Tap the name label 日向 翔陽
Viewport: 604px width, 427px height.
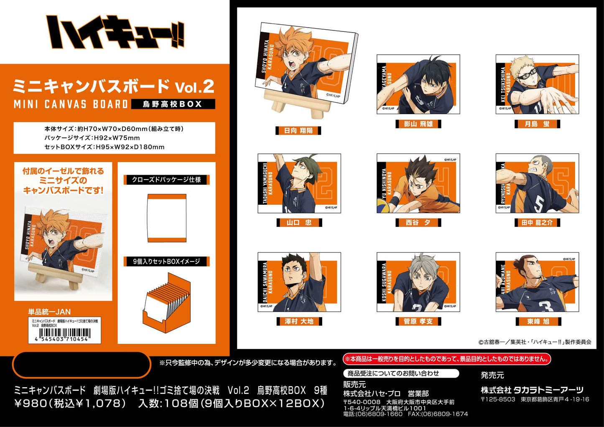[298, 131]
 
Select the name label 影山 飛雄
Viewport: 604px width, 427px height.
[418, 124]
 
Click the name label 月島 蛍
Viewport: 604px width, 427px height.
[537, 124]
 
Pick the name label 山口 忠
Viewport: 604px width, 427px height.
[299, 223]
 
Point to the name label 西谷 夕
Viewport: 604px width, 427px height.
[418, 223]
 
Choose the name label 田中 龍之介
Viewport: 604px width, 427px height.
[537, 223]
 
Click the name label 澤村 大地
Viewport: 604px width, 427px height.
[299, 321]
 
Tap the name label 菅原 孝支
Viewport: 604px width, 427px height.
[418, 321]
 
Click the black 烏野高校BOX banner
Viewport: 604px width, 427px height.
[173, 104]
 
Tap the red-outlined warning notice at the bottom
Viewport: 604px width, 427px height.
[446, 359]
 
